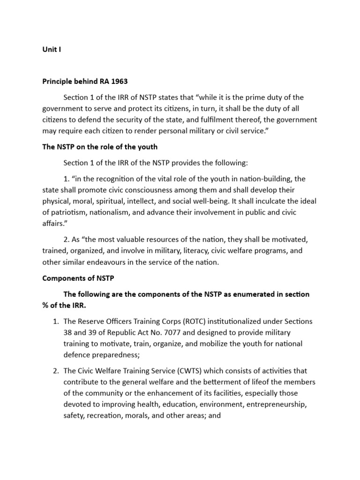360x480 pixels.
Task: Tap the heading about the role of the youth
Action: pos(100,147)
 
